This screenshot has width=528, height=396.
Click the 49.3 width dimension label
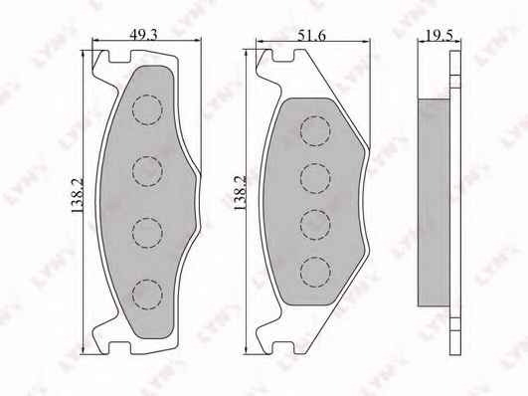click(x=143, y=35)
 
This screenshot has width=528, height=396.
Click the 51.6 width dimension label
click(x=311, y=35)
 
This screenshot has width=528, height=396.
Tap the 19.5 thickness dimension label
click(x=439, y=35)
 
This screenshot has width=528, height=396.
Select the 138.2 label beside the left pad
click(x=78, y=195)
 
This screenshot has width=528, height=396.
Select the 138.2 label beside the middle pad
click(x=240, y=193)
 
